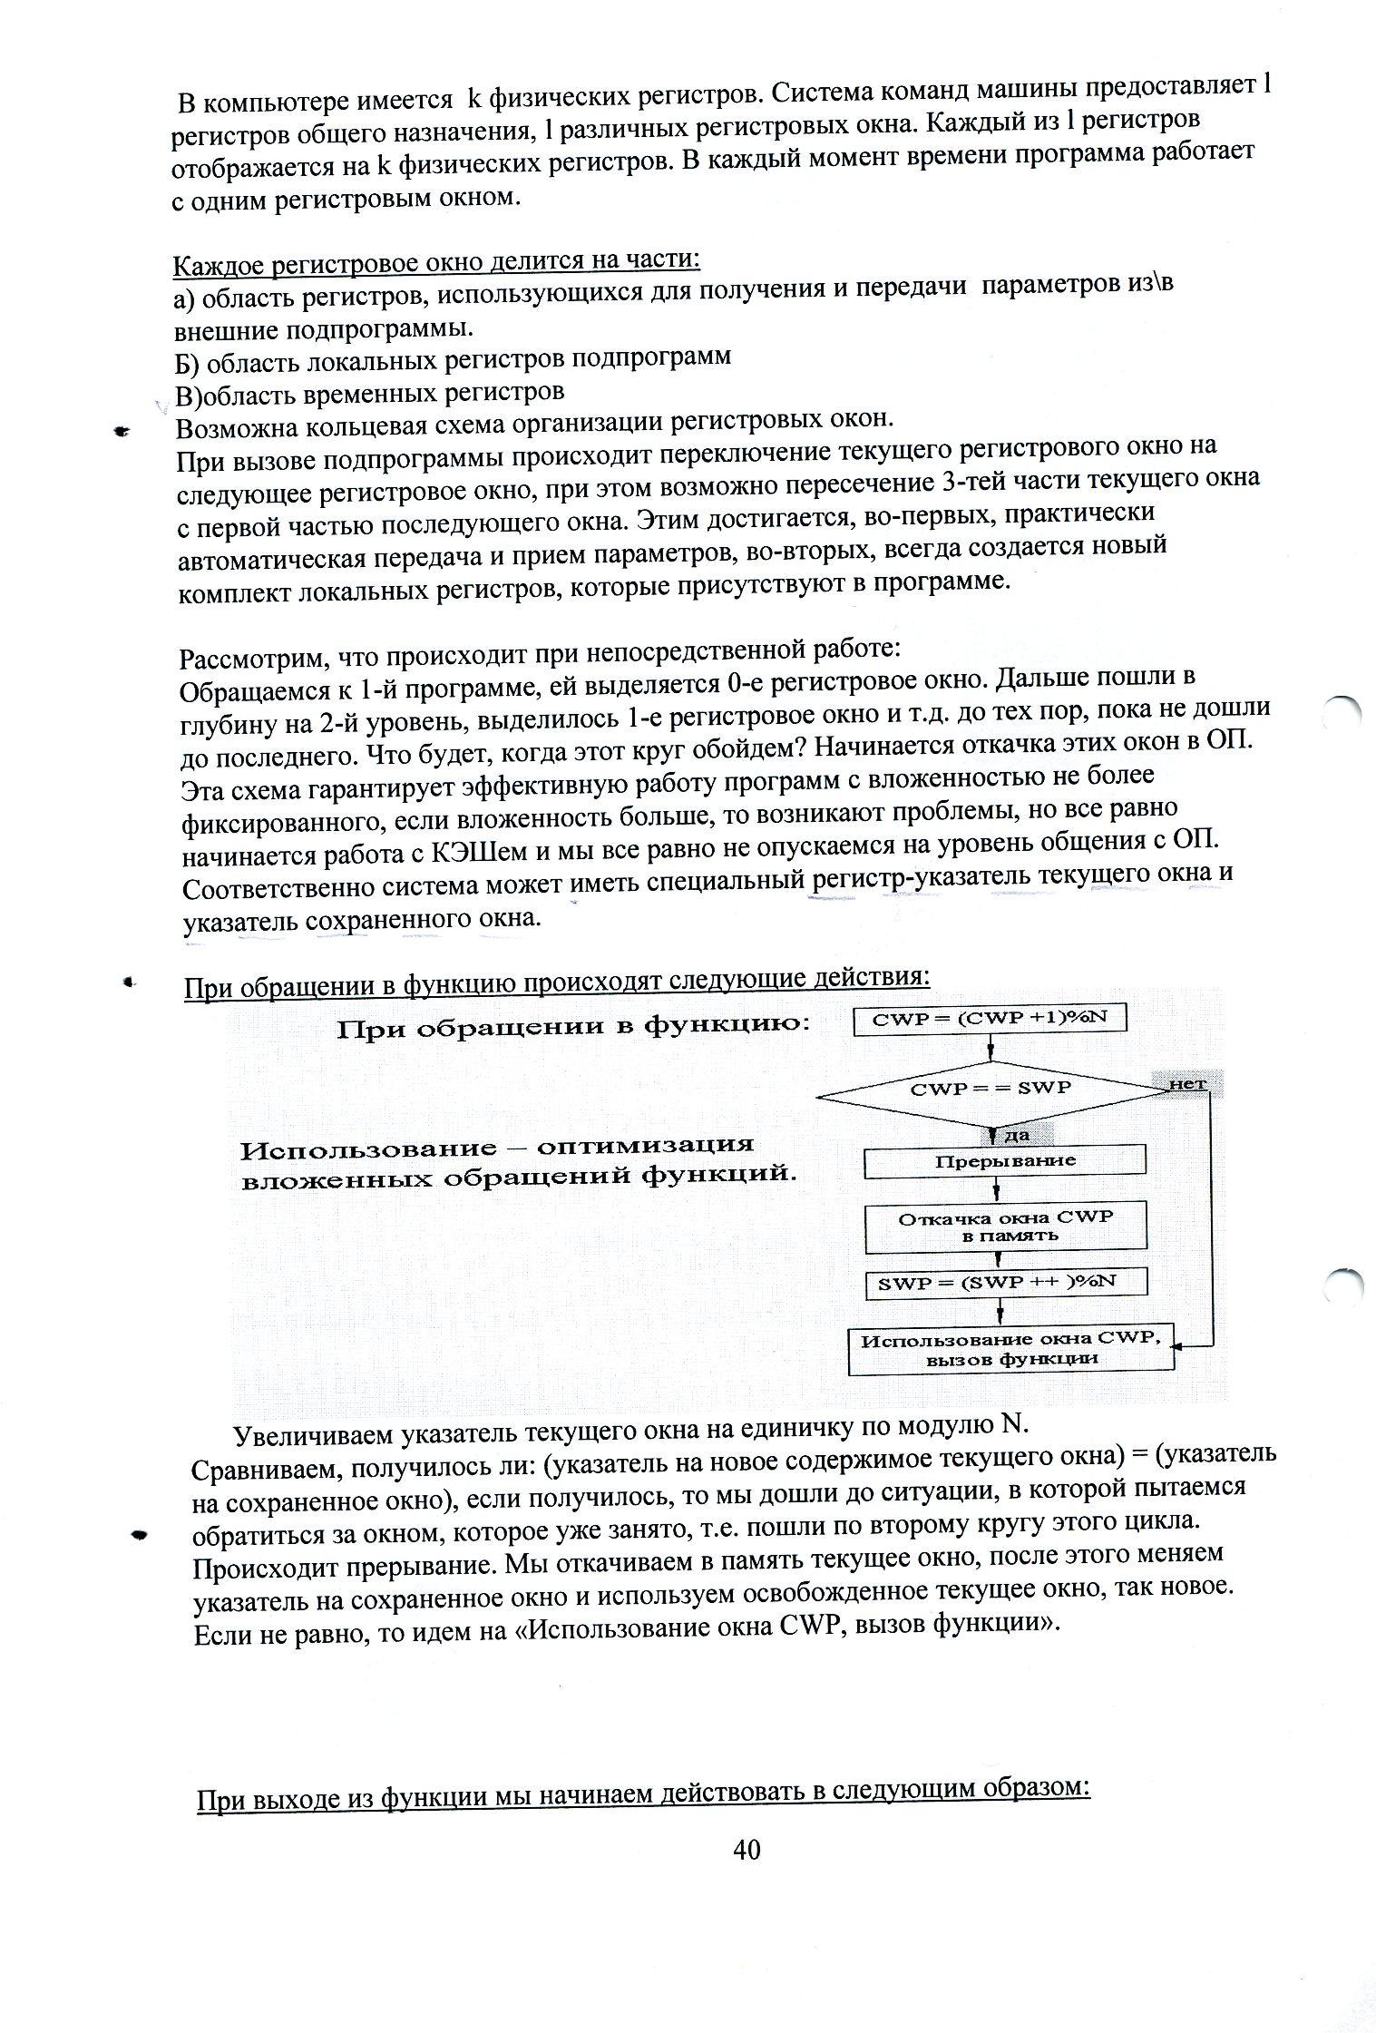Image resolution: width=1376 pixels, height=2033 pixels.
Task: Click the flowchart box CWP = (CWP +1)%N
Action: [x=990, y=1020]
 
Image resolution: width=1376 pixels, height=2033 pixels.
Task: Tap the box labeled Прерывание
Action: [x=1005, y=1161]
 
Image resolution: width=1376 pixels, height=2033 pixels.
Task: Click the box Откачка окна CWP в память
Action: [x=1005, y=1227]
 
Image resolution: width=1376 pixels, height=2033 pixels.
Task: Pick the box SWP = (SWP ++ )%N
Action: [x=1005, y=1283]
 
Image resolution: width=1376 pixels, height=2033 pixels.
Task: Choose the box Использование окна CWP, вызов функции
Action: [x=1010, y=1350]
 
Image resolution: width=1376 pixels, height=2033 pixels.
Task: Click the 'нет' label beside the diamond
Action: [x=1187, y=1084]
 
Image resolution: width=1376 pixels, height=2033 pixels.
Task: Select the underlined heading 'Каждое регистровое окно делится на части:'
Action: [x=436, y=262]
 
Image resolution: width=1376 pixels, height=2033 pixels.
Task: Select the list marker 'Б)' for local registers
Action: [x=187, y=363]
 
